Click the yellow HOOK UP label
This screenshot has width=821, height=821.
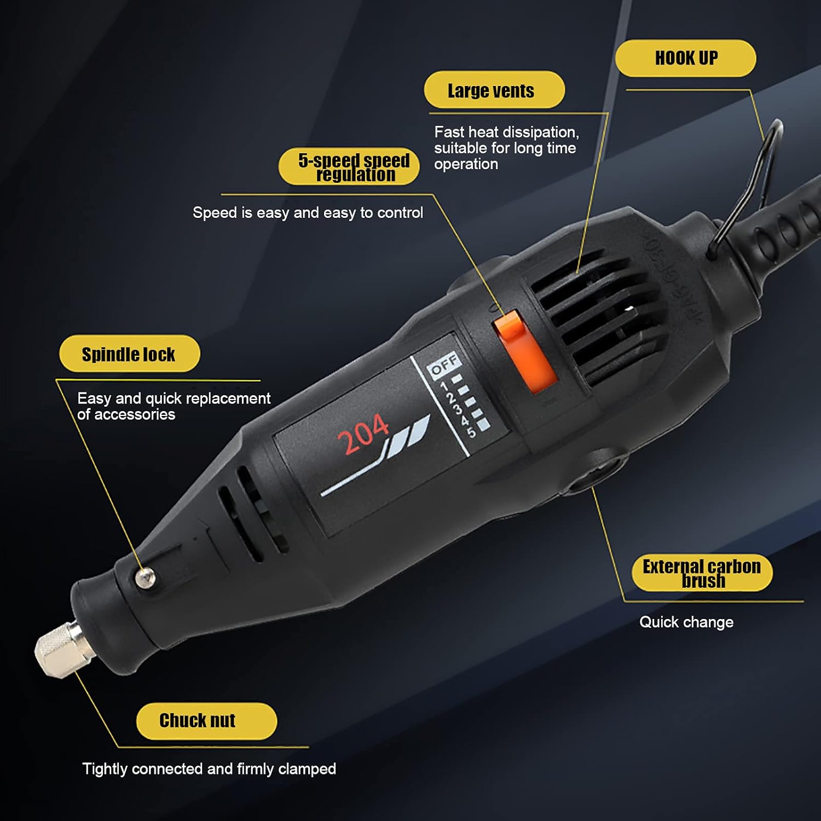[685, 58]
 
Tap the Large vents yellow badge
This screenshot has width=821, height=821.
[494, 90]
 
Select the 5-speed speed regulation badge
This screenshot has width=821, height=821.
[349, 166]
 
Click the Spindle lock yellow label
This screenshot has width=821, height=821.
[129, 354]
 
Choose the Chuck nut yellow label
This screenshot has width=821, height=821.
[206, 720]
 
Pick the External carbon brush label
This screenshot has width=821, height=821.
[702, 573]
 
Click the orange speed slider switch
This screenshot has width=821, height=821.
[524, 351]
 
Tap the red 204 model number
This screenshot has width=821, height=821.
[363, 434]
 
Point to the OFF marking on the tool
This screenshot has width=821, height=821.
[444, 364]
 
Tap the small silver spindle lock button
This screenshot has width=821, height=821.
[145, 577]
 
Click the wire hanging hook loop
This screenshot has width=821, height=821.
[758, 181]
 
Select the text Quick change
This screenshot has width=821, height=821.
[686, 622]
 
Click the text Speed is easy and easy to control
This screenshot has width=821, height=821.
[308, 213]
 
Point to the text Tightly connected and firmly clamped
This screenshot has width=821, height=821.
[209, 769]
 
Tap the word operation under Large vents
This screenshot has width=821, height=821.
[466, 164]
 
